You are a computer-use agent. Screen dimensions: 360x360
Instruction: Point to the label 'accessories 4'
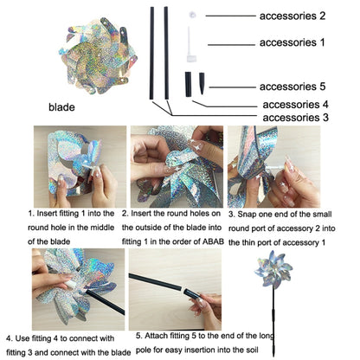(295, 104)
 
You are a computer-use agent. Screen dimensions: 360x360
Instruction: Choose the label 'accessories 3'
(295, 118)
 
